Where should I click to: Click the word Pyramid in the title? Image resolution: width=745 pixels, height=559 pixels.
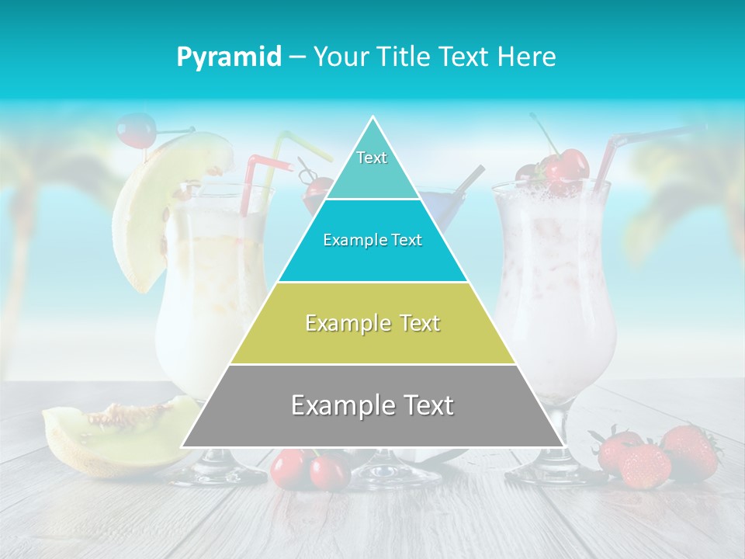(x=229, y=57)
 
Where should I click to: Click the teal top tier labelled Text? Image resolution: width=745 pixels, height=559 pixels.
(x=372, y=163)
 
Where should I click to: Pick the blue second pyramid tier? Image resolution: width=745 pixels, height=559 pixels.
(x=372, y=241)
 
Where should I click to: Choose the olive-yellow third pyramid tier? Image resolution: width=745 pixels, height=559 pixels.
(x=372, y=323)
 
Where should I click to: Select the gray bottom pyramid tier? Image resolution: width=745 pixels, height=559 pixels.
(x=372, y=405)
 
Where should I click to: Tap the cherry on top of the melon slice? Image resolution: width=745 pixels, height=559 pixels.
(x=137, y=130)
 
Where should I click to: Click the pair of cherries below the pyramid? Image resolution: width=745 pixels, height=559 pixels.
(x=309, y=469)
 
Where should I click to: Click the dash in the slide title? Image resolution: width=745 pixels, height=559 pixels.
(x=296, y=57)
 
